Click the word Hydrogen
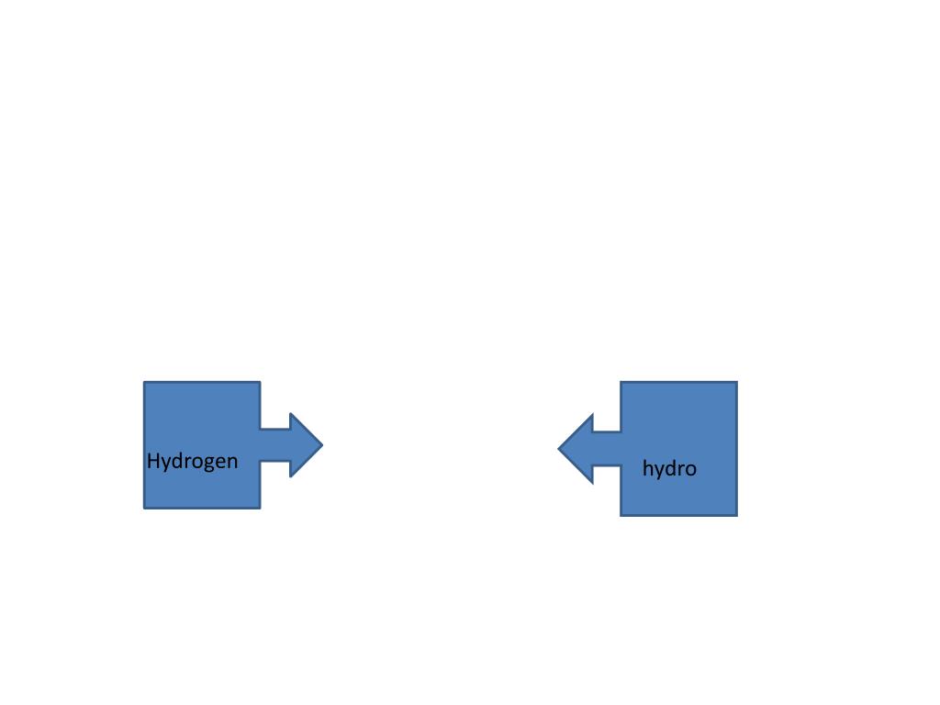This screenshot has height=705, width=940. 192,461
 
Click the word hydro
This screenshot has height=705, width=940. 669,469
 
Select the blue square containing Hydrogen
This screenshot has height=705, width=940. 202,413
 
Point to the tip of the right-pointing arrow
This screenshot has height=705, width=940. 321,445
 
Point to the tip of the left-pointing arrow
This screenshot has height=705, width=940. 560,449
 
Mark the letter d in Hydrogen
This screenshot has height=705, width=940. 178,461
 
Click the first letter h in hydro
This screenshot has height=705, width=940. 647,468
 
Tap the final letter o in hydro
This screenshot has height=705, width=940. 690,470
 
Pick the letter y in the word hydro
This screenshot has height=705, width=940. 658,472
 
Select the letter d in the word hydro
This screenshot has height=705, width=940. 670,468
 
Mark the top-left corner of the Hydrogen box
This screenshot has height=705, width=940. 145,383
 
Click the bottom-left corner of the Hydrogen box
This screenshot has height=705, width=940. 145,507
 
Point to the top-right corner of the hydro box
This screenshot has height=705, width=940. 736,383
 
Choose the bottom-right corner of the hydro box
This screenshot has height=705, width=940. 736,514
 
